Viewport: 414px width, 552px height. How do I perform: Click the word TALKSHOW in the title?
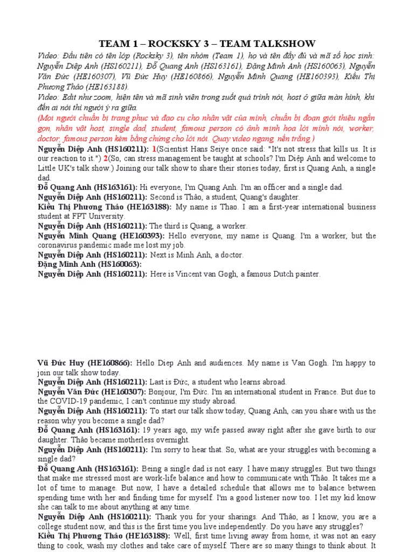click(x=286, y=44)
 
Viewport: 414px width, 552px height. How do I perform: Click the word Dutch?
click(x=280, y=274)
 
